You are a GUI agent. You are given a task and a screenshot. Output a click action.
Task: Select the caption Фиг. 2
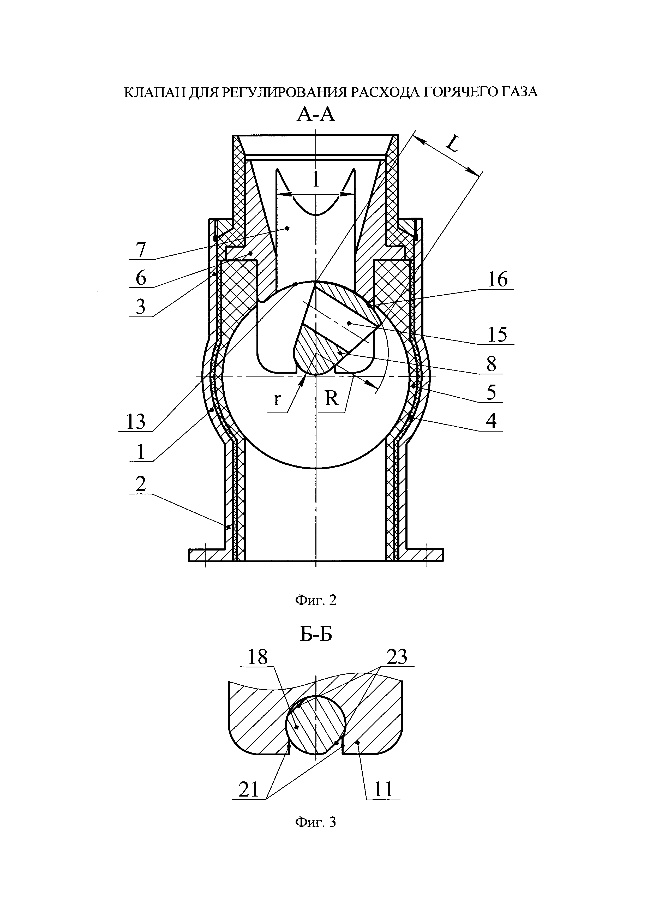click(315, 600)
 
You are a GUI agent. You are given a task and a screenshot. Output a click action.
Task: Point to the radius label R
click(331, 397)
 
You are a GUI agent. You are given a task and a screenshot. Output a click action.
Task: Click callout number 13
click(136, 422)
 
